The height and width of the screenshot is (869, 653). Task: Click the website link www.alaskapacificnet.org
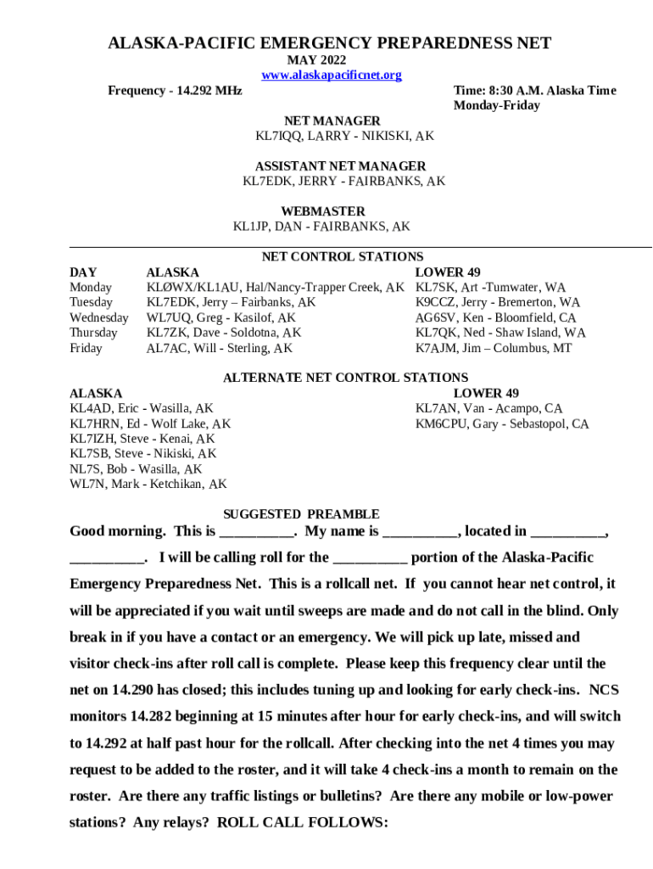(x=332, y=76)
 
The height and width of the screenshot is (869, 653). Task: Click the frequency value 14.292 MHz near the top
(x=204, y=91)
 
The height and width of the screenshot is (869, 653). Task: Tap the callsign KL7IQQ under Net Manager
(x=280, y=136)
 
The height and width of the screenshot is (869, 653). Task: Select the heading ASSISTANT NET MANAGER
(x=340, y=166)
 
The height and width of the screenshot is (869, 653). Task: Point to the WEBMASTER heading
(x=322, y=211)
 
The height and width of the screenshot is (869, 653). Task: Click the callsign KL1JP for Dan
(x=253, y=227)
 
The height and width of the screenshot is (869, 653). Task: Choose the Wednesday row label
(x=98, y=317)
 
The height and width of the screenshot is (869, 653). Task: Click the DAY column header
(x=82, y=272)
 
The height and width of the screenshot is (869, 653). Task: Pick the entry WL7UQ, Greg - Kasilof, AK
(x=221, y=317)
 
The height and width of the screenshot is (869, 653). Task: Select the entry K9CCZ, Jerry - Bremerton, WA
(x=498, y=302)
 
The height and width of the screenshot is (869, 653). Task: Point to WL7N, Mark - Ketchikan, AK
(x=148, y=485)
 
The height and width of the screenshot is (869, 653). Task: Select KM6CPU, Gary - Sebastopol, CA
(x=502, y=423)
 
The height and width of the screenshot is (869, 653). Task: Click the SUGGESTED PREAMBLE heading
(x=301, y=514)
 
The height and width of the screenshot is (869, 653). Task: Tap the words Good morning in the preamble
(x=117, y=532)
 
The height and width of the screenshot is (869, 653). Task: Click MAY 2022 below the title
(x=316, y=60)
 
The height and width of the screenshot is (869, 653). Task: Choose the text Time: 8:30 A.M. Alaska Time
(x=534, y=91)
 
